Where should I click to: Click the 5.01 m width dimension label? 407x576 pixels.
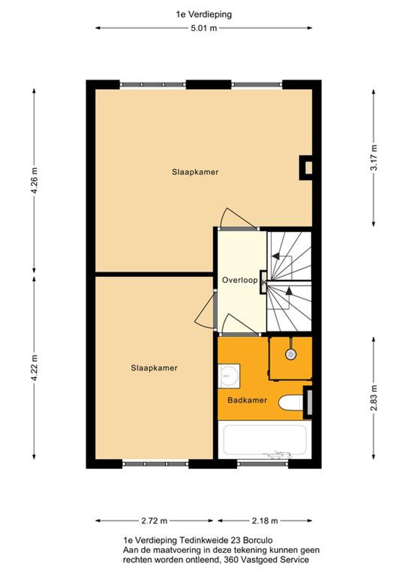[203, 28]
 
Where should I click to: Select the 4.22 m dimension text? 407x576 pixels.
[34, 367]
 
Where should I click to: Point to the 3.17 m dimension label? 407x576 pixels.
[374, 157]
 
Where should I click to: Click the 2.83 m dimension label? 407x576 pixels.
[374, 398]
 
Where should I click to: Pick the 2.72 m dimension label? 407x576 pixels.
[154, 521]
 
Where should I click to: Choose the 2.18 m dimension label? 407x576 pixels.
[265, 521]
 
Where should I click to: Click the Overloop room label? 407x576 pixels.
[240, 280]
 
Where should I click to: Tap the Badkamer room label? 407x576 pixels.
[247, 400]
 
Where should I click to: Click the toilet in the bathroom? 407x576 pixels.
[291, 403]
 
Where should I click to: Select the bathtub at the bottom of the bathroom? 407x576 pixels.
[265, 440]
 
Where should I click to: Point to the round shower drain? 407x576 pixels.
[291, 355]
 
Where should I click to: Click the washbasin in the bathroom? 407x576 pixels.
[229, 376]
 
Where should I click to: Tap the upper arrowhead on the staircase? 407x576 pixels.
[276, 256]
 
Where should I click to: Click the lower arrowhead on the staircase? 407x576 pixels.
[289, 291]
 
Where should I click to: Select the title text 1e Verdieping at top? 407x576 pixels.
[203, 14]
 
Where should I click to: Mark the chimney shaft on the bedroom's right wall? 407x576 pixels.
[306, 168]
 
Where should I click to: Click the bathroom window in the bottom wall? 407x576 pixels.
[262, 464]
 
